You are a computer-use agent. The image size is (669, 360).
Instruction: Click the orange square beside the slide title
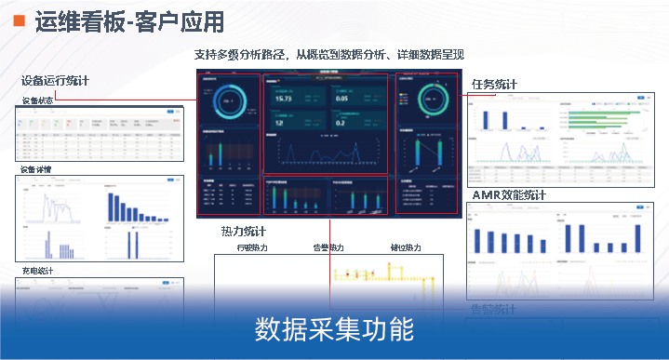pyautogui.click(x=17, y=20)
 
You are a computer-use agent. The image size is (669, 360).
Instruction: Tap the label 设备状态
pyautogui.click(x=37, y=100)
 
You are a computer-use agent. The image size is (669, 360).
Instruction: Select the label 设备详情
pyautogui.click(x=37, y=170)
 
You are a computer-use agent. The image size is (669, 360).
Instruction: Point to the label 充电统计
pyautogui.click(x=37, y=272)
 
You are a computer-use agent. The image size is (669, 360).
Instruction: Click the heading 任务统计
pyautogui.click(x=494, y=85)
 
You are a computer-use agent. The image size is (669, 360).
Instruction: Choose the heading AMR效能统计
pyautogui.click(x=509, y=195)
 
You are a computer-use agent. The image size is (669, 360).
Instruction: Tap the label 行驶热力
pyautogui.click(x=252, y=248)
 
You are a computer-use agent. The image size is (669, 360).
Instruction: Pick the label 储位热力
pyautogui.click(x=406, y=248)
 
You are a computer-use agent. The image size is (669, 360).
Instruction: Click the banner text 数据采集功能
pyautogui.click(x=334, y=329)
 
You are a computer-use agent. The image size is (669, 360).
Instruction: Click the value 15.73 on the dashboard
pyautogui.click(x=284, y=98)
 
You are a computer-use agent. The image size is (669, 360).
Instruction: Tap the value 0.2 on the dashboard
pyautogui.click(x=341, y=122)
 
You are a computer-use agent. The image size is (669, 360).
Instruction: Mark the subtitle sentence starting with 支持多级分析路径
pyautogui.click(x=328, y=55)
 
